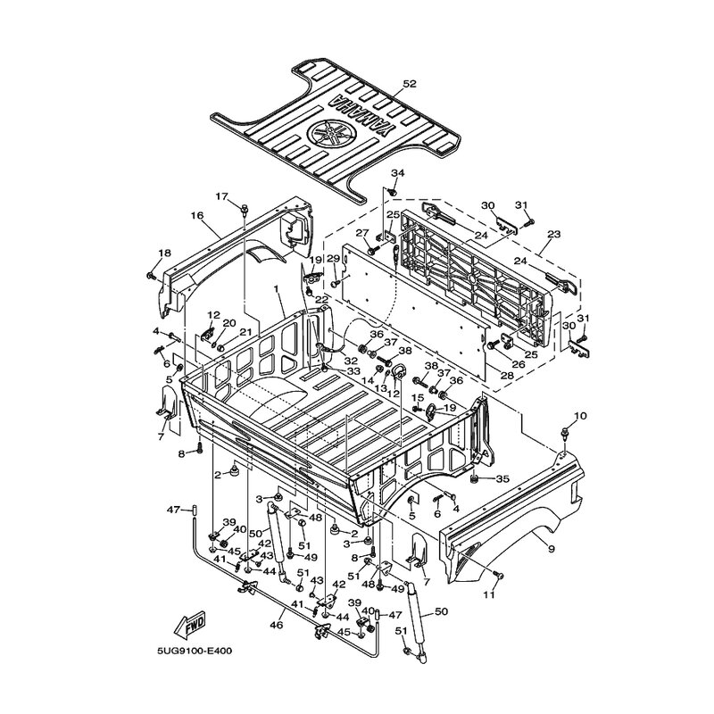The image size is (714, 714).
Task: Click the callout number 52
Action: point(410,84)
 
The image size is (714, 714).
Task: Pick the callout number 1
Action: point(278,290)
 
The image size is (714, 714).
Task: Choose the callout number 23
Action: point(554,233)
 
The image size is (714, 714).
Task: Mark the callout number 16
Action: point(197,215)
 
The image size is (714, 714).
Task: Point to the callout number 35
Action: point(502,479)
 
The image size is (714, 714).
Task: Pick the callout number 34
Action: point(398,172)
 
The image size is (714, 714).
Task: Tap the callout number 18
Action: point(163,254)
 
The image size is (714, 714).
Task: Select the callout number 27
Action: point(362,234)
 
